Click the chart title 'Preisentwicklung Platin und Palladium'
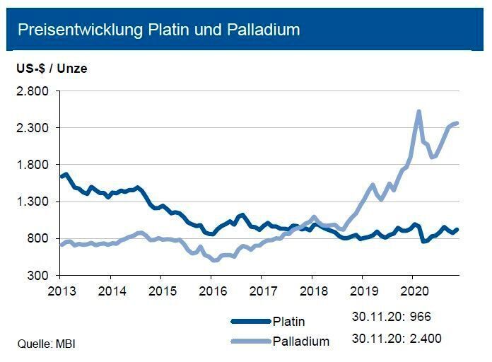point(158,30)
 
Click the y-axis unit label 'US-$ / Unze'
point(52,69)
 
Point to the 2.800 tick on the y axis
point(33,91)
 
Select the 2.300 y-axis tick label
point(33,128)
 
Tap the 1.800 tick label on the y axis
point(33,165)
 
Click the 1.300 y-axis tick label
point(33,202)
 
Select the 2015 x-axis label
point(161,291)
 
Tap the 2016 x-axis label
point(211,291)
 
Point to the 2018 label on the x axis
point(312,291)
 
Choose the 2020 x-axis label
point(412,291)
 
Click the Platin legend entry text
point(288,322)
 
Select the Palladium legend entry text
point(301,341)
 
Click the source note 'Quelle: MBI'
point(46,344)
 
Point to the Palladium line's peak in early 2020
point(419,111)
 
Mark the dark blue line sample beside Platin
point(250,322)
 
